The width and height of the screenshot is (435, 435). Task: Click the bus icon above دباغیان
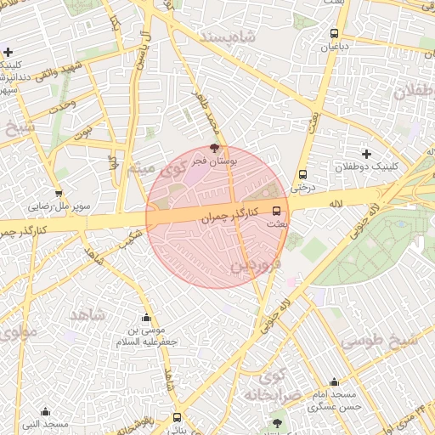coord(335,34)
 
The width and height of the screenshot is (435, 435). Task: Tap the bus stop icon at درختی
coord(302,174)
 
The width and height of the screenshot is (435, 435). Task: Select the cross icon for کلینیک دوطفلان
coord(366,154)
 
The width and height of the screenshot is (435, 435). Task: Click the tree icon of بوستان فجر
coord(213,147)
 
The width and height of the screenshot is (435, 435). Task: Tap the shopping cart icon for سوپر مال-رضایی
coord(59,193)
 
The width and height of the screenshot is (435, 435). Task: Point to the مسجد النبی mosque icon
coord(45,411)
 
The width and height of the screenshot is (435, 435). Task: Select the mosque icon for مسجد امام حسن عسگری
coord(334,382)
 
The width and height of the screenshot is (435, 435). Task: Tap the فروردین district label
coord(253,266)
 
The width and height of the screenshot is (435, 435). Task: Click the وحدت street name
coord(62,109)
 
